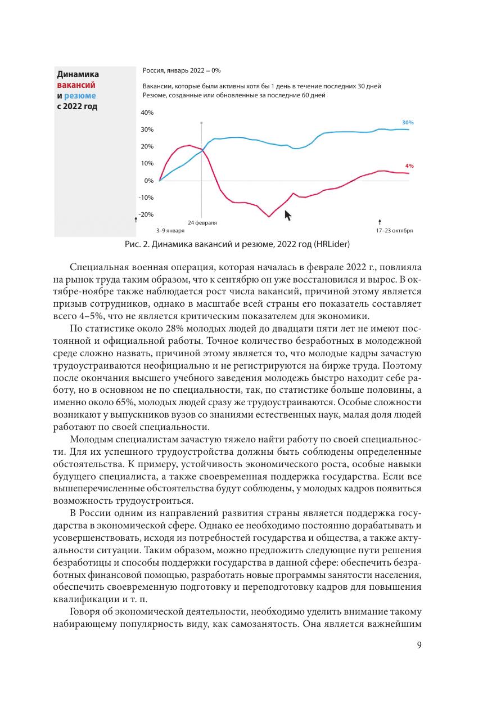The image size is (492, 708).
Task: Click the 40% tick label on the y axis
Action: click(146, 113)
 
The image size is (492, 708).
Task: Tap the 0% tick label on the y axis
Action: click(148, 181)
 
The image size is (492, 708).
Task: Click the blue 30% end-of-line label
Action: click(408, 122)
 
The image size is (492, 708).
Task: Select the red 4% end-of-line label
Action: click(409, 166)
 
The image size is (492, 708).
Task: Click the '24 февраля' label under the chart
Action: click(202, 223)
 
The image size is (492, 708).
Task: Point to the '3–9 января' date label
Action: click(170, 231)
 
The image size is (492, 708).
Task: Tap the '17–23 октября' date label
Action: click(394, 231)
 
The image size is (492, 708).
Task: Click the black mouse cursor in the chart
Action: click(287, 215)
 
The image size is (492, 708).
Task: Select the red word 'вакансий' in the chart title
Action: click(76, 85)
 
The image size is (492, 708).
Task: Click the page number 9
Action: click(419, 646)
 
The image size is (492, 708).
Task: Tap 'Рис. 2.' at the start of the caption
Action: click(137, 244)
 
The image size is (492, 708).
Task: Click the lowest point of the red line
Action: click(269, 217)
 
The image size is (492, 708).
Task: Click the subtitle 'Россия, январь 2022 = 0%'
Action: click(181, 70)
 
